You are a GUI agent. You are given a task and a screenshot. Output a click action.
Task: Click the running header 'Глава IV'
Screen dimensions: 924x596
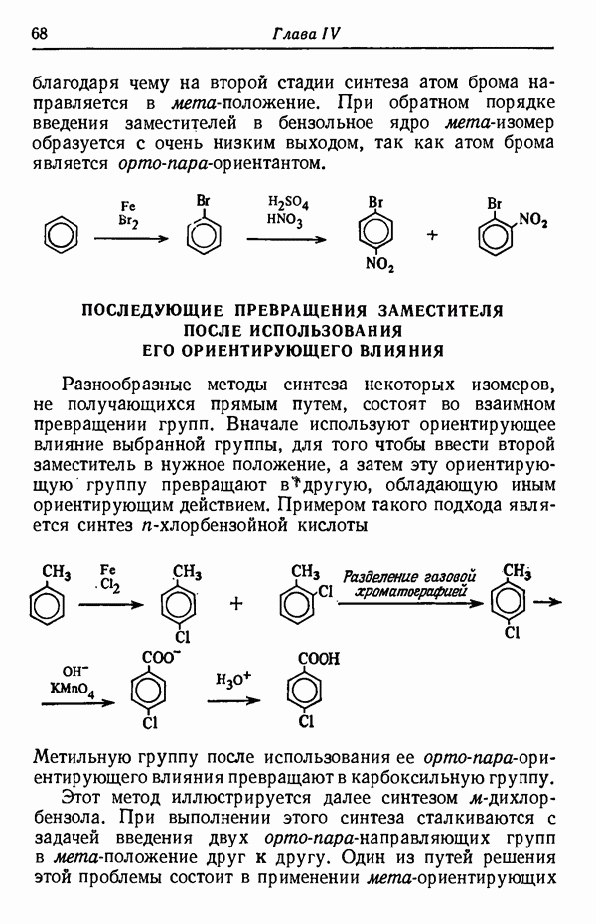click(x=306, y=33)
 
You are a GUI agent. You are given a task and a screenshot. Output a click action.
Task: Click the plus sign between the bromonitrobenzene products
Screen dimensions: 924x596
click(x=432, y=235)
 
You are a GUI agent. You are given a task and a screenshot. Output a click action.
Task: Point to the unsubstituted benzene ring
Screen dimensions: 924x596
click(x=62, y=237)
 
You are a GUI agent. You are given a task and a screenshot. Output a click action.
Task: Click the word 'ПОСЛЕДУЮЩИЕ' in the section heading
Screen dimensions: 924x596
click(x=147, y=311)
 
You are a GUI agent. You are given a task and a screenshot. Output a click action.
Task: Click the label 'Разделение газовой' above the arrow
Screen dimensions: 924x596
click(x=407, y=576)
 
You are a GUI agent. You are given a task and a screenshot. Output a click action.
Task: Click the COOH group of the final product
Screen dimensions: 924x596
click(x=320, y=658)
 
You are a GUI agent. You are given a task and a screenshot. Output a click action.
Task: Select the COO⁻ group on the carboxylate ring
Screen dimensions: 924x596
click(x=160, y=658)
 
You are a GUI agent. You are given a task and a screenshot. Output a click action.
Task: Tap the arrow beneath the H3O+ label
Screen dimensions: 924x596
click(x=234, y=701)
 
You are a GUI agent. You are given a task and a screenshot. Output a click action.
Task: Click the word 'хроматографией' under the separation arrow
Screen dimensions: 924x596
click(x=408, y=593)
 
